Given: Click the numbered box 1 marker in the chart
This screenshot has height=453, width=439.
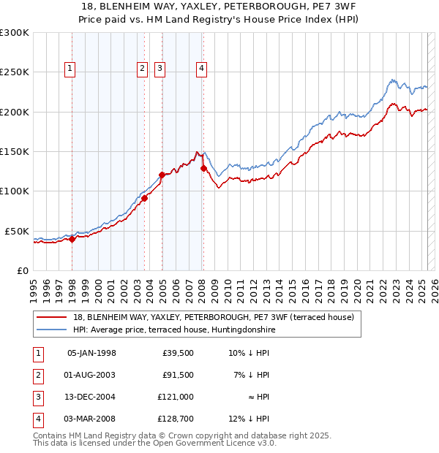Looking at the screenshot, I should [x=70, y=69].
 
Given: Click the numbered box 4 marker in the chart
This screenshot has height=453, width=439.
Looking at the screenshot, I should [x=200, y=69].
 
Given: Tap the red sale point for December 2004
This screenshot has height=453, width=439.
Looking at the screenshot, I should [x=162, y=175].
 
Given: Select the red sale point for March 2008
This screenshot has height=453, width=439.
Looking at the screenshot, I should [x=203, y=169].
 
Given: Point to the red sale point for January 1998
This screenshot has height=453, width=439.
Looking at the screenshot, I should [x=72, y=239].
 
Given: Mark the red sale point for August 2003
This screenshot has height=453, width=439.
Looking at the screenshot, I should [x=145, y=198].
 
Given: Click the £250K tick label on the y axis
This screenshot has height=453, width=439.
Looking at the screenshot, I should [x=15, y=72].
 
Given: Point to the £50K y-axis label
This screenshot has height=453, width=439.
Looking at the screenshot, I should [x=17, y=231].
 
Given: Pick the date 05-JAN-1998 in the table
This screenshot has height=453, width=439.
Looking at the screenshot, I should [x=91, y=354].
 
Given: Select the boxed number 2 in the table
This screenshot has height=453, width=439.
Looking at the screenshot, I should [x=37, y=375].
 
